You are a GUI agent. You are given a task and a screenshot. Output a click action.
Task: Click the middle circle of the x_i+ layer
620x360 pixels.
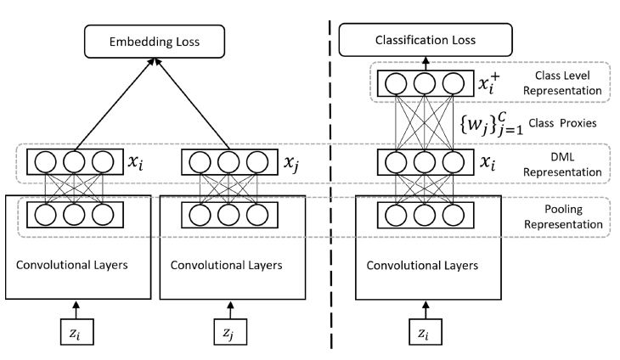pos(426,83)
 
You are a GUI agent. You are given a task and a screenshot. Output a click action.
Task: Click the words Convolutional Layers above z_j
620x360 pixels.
pos(227,265)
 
